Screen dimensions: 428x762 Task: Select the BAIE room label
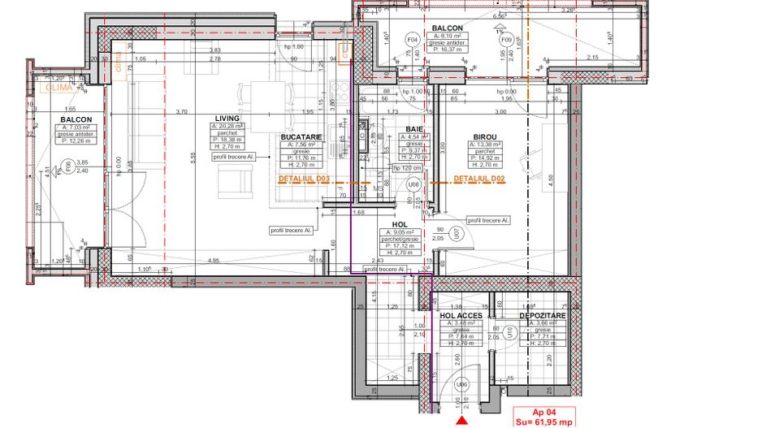pyautogui.click(x=413, y=129)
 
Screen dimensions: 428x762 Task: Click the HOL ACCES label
pyautogui.click(x=461, y=315)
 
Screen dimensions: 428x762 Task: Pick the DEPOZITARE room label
pyautogui.click(x=543, y=315)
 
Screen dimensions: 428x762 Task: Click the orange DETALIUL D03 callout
pyautogui.click(x=303, y=177)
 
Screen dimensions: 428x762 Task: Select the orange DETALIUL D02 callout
pyautogui.click(x=479, y=178)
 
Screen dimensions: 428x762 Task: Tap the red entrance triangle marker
pyautogui.click(x=463, y=421)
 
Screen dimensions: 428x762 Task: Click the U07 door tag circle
pyautogui.click(x=457, y=234)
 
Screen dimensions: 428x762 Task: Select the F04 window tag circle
pyautogui.click(x=412, y=39)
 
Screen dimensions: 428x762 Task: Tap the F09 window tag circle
pyautogui.click(x=506, y=39)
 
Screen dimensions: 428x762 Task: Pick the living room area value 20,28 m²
pyautogui.click(x=230, y=128)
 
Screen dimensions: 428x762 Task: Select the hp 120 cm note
pyautogui.click(x=407, y=168)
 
